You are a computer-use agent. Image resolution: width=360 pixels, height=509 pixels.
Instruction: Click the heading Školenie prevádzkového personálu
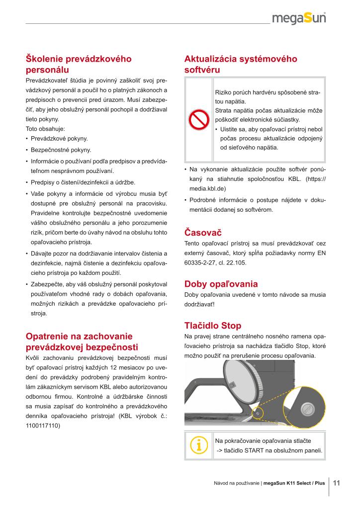[x=79, y=64]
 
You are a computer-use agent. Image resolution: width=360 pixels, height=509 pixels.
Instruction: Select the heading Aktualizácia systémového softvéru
[x=241, y=64]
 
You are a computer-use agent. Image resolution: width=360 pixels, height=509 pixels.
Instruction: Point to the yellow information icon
[x=199, y=445]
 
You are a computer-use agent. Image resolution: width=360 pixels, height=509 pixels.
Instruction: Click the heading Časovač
[x=203, y=232]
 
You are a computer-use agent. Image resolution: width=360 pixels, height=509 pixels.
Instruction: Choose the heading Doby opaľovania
[x=221, y=284]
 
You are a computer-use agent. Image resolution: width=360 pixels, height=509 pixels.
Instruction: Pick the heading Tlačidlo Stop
[x=212, y=326]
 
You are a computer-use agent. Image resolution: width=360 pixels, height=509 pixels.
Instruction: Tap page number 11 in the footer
[x=336, y=482]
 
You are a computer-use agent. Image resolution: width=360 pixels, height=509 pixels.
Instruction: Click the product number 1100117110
[x=42, y=425]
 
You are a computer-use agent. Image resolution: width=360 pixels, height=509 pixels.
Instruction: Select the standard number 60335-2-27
[x=203, y=262]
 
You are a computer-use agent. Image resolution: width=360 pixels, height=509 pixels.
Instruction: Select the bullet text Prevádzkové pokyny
[x=59, y=138]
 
